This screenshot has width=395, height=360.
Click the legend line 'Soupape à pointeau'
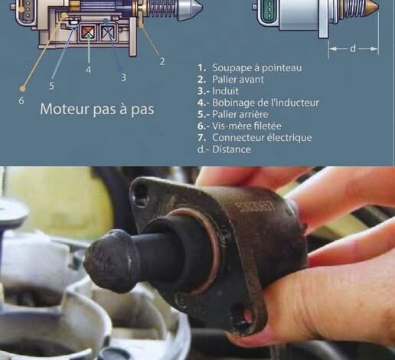point(250,68)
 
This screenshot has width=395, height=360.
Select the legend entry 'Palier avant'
point(230,80)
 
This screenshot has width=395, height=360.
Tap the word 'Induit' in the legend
point(218,91)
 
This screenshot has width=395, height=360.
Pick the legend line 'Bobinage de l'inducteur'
point(258,103)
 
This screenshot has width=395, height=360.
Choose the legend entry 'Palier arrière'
point(233,114)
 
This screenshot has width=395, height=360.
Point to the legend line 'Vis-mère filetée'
point(240,126)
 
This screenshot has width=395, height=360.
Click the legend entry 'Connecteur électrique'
point(255,138)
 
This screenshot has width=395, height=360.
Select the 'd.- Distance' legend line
point(224,149)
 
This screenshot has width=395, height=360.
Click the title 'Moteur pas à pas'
point(97,110)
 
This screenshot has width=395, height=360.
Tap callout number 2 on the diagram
point(162,61)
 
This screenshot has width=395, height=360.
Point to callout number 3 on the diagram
point(123,77)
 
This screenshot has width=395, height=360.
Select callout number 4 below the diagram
point(88,70)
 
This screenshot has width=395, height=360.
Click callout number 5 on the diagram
point(51,86)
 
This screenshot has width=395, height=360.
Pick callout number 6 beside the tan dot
point(21,100)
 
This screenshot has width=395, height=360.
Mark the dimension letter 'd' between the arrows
point(353,48)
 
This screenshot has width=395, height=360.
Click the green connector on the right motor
point(269,10)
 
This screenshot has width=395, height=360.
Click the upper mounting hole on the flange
point(140,194)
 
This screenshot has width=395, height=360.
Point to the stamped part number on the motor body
point(256,207)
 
